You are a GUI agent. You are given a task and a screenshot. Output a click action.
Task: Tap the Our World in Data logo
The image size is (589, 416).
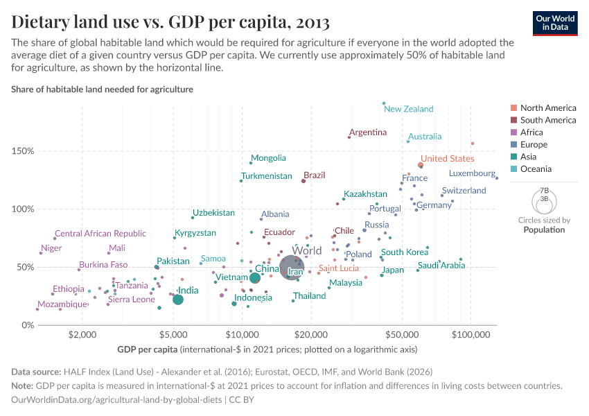[x=556, y=23]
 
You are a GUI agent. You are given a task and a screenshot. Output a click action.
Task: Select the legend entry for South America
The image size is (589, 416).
[x=547, y=120]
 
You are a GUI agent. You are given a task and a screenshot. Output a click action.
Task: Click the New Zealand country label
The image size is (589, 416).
[x=409, y=109]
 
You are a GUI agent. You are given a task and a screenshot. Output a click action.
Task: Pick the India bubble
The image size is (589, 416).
[x=178, y=300]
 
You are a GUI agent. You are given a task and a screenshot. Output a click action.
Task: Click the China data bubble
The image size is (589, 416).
[x=255, y=277]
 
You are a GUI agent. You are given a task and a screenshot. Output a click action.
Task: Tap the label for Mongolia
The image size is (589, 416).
[x=268, y=158]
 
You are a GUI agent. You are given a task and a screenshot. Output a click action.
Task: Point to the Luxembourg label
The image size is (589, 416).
[x=472, y=173]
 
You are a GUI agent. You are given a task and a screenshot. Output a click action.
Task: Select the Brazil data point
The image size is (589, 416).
[x=304, y=181]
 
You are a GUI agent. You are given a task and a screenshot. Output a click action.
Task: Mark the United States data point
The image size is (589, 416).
[x=421, y=165]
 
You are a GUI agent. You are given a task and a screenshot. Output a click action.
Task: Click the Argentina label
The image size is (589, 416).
[x=368, y=132]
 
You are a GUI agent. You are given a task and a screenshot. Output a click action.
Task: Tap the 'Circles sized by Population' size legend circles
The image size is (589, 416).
[x=543, y=202]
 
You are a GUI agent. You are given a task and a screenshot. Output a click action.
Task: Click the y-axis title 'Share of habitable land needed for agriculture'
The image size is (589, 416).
[x=102, y=89]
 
